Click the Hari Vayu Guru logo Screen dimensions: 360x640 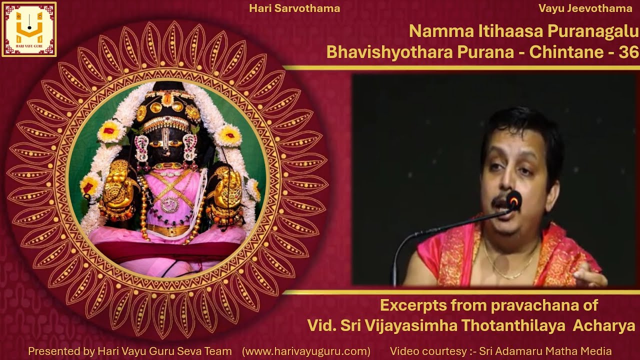coord(29,29)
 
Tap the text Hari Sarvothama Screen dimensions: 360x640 coord(294,8)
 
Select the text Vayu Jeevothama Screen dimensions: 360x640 coord(585,8)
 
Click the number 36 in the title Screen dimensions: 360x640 coord(628,52)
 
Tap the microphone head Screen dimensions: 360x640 coord(513,200)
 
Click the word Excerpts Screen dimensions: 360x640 coord(412,305)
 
